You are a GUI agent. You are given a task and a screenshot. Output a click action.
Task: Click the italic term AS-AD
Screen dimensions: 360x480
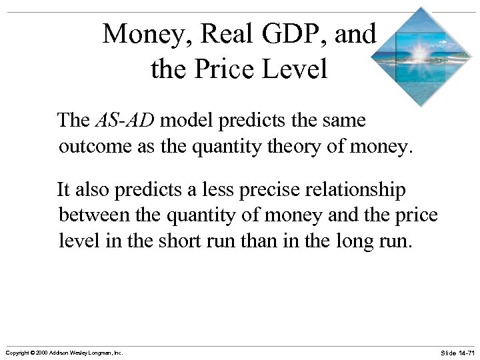[x=125, y=121]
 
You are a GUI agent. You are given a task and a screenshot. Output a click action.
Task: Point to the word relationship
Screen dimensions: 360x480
[x=353, y=190]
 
